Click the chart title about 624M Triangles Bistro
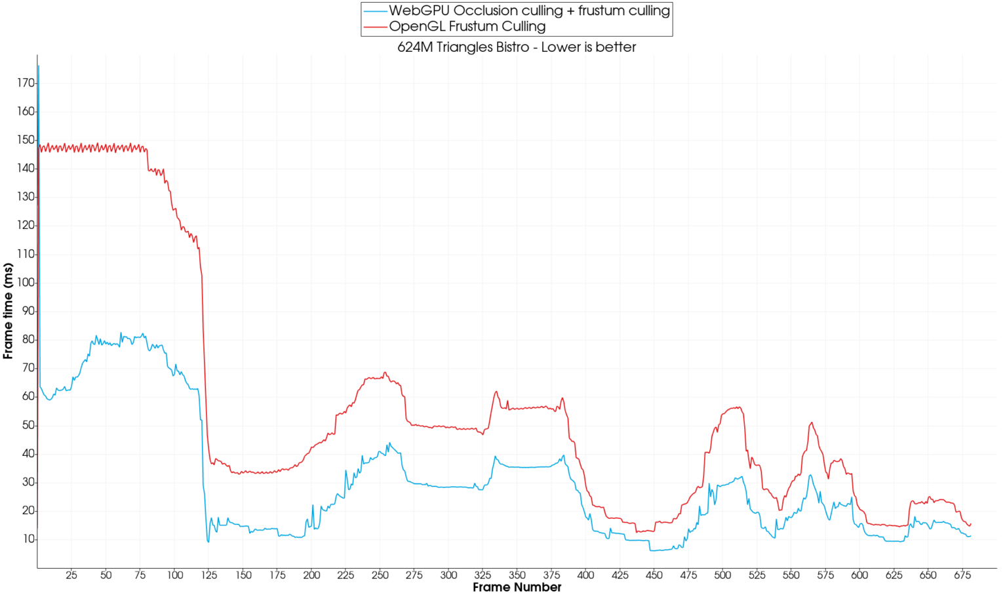click(517, 47)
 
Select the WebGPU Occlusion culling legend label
click(529, 10)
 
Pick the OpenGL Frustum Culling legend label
click(467, 26)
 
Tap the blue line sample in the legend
click(376, 11)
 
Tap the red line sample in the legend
click(376, 27)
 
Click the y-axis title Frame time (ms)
click(8, 311)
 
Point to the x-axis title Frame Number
click(517, 587)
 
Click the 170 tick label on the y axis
click(26, 83)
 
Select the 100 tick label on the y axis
click(26, 282)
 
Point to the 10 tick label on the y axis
click(28, 539)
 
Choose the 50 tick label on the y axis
click(28, 425)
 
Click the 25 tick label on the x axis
click(71, 575)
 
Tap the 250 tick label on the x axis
click(380, 575)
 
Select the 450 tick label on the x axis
click(654, 575)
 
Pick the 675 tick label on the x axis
click(962, 575)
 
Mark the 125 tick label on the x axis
click(209, 575)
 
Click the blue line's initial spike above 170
click(39, 66)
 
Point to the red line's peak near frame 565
click(812, 422)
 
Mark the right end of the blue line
click(970, 536)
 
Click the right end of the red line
click(970, 524)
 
